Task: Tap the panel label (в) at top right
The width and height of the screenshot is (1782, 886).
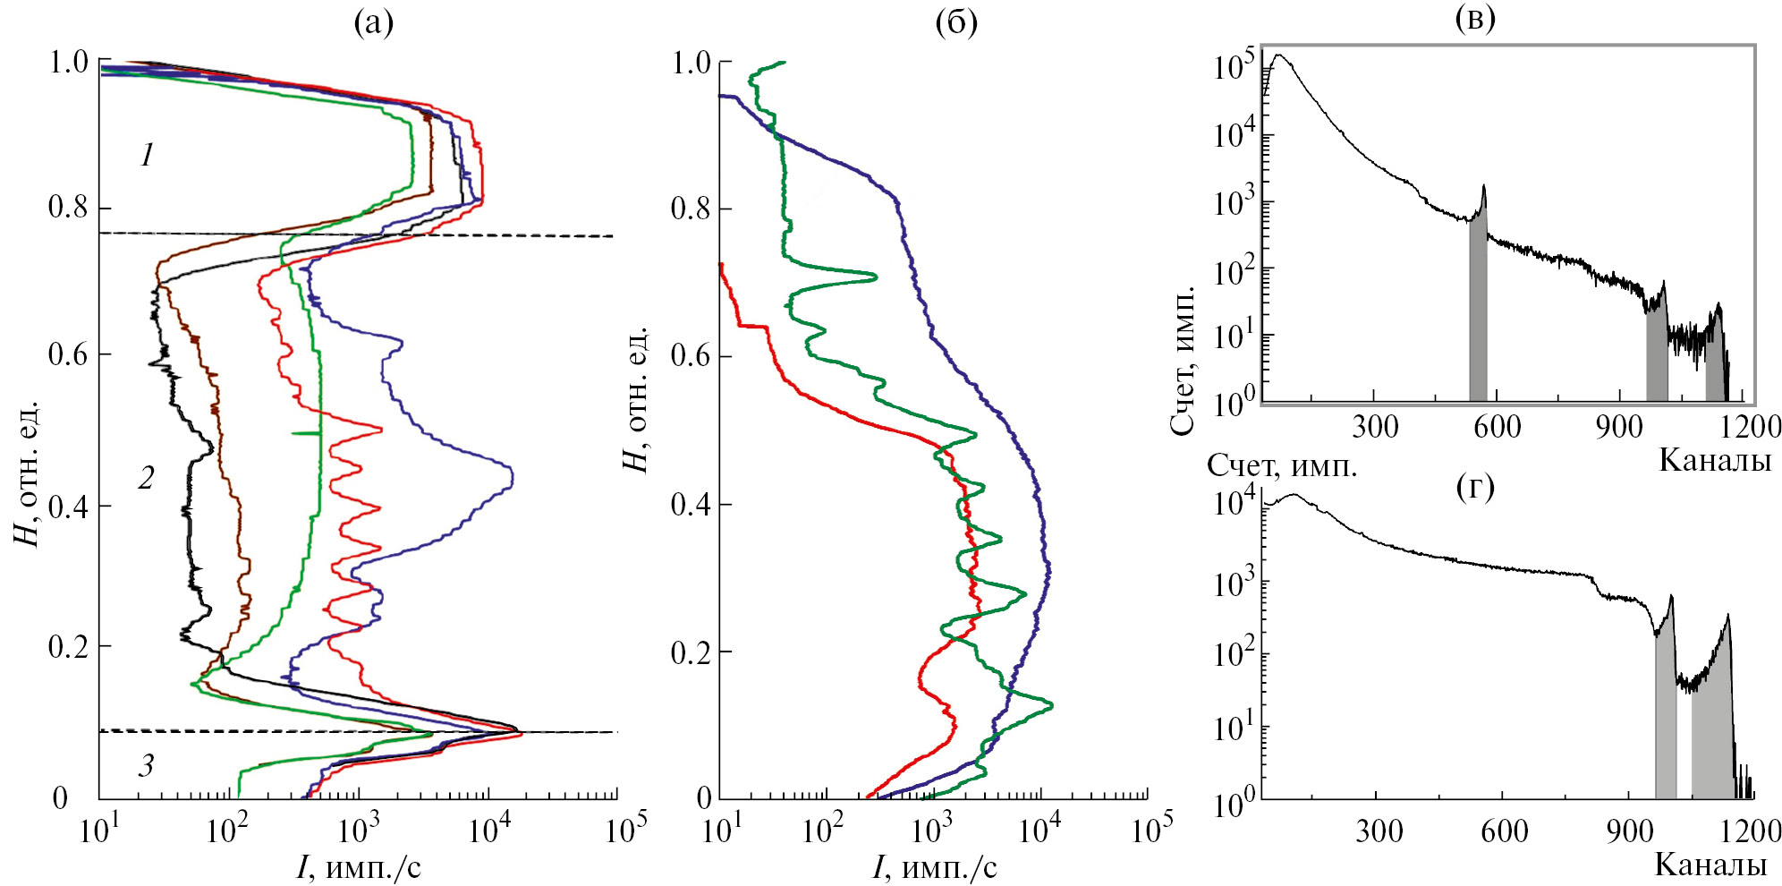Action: [x=1474, y=19]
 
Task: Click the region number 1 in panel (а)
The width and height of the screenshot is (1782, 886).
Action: [x=148, y=156]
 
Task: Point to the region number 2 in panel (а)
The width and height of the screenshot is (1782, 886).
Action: [x=147, y=478]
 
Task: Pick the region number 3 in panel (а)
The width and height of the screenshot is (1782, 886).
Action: [x=146, y=765]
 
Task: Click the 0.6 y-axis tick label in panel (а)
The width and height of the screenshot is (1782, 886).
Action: [x=67, y=354]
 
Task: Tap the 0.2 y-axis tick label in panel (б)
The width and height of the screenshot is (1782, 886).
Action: [x=691, y=652]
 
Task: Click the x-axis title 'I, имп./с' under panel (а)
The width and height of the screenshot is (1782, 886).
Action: [x=358, y=866]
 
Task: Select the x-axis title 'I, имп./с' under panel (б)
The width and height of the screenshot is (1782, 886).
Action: [x=934, y=866]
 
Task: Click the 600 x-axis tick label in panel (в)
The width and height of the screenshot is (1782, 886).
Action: [x=1497, y=427]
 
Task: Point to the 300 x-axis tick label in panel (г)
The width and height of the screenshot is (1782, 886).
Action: [x=1379, y=831]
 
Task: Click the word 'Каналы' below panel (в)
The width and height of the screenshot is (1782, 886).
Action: [x=1714, y=460]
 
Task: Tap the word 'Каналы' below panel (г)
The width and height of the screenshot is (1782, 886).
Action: [x=1710, y=865]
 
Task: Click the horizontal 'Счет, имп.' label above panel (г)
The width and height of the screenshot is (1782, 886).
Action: [x=1282, y=465]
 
